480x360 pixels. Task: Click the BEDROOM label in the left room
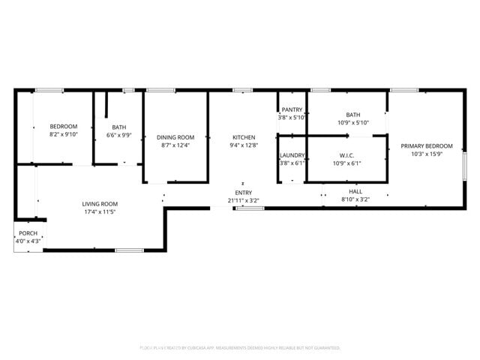[64, 126]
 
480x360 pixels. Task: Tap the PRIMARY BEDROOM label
[426, 145]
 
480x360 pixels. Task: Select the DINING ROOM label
[175, 137]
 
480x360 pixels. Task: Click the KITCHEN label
[244, 137]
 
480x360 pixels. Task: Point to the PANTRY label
[292, 109]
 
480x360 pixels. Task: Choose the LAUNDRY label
[292, 155]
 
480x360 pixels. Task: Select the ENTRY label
[244, 193]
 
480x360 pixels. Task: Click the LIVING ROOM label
[100, 204]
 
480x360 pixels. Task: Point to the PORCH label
[28, 233]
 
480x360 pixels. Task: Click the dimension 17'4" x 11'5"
[100, 212]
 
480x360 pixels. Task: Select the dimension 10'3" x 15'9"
[426, 154]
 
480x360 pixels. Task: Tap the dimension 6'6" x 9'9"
[118, 136]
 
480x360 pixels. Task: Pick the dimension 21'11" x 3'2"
[244, 200]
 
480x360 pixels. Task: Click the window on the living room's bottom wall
[129, 250]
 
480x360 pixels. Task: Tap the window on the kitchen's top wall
[242, 91]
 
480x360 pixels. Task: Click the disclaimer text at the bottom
[240, 348]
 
